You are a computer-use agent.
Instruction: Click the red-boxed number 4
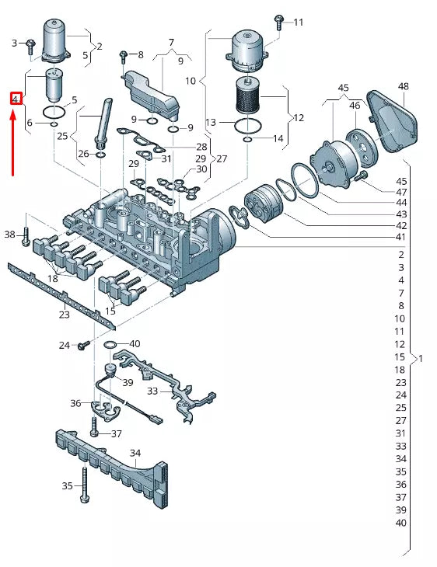pyautogui.click(x=14, y=99)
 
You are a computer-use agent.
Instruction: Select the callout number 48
pyautogui.click(x=403, y=86)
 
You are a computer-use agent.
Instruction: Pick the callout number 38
pyautogui.click(x=9, y=234)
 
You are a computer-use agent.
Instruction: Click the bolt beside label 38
pyautogui.click(x=26, y=236)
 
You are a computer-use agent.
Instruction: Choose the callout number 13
pyautogui.click(x=211, y=123)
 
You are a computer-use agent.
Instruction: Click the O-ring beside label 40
pyautogui.click(x=110, y=344)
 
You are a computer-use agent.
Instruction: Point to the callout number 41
pyautogui.click(x=400, y=237)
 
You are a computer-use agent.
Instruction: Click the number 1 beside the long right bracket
pyautogui.click(x=421, y=359)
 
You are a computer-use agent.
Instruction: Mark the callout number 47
pyautogui.click(x=400, y=192)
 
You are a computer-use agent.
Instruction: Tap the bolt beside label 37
pyautogui.click(x=94, y=426)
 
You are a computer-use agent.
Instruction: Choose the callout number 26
pyautogui.click(x=84, y=153)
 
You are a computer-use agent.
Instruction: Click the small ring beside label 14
pyautogui.click(x=246, y=140)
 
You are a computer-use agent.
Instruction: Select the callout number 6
pyautogui.click(x=30, y=123)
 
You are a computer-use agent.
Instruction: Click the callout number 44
pyautogui.click(x=400, y=202)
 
